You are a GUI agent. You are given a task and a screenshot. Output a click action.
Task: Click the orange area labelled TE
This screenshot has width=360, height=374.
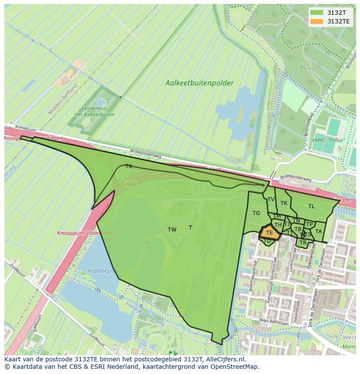point(269,233)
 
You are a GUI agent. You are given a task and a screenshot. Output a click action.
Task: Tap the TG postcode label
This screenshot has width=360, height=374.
point(256,213)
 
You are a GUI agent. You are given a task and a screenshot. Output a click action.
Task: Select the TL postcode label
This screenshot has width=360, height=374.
point(311,206)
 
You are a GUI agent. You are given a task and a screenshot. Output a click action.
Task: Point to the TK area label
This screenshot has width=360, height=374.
point(284,203)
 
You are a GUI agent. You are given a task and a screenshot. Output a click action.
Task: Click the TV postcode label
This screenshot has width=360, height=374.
point(270,199)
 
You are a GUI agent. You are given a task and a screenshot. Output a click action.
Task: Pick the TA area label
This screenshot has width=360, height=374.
point(318,232)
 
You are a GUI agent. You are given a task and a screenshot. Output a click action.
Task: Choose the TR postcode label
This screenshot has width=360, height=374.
point(303,242)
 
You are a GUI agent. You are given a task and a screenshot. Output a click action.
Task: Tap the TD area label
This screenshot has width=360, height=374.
point(267,241)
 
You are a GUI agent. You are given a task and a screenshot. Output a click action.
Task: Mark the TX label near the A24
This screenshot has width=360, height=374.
point(129,166)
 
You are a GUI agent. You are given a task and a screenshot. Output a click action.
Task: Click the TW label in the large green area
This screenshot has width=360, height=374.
point(172,230)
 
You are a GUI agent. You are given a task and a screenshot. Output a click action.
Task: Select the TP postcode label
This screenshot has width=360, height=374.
point(309,225)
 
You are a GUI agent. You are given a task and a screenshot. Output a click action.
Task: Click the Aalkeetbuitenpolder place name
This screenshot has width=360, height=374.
point(199,83)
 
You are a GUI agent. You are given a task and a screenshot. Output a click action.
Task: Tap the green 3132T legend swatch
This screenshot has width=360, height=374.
point(317,13)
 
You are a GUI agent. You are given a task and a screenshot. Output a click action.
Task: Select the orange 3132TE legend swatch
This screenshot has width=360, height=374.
point(317,21)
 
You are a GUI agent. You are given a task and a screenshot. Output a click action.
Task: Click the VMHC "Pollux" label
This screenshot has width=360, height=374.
point(327,140)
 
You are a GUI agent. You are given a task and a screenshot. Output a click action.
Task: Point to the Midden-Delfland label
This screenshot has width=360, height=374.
point(63,99)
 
